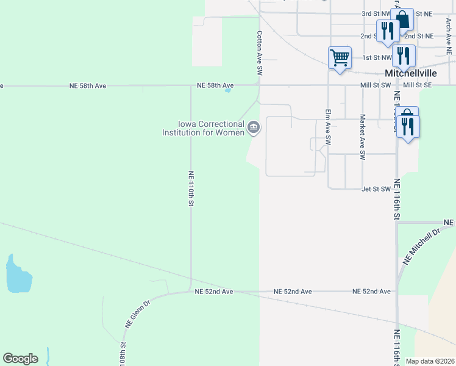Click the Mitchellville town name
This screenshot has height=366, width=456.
pos(409,73)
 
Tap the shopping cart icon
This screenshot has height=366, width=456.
pos(340,58)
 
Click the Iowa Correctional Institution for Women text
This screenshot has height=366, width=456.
pos(203,128)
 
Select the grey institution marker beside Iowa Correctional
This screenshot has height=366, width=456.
pos(254,127)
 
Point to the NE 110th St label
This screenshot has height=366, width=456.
pos(191,187)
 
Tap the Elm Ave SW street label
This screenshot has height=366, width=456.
pos(328,126)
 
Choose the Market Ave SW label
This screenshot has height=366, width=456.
pos(362,137)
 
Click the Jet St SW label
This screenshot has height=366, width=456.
pos(376,189)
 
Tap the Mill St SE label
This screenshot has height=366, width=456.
pos(416,86)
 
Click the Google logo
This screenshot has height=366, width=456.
pos(20,359)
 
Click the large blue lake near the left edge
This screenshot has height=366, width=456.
pos(18,275)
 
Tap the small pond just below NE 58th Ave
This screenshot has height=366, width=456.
pos(228,91)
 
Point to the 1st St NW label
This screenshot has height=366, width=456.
pos(376,57)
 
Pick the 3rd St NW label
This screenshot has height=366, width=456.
pos(376,13)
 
